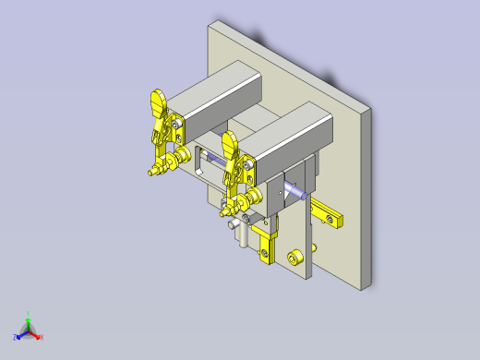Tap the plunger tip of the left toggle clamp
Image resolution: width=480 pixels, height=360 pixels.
click(x=149, y=172)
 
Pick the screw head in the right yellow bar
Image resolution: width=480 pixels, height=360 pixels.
click(x=330, y=219)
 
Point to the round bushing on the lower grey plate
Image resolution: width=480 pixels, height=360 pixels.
click(x=296, y=257)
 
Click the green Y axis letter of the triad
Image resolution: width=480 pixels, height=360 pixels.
click(x=29, y=313)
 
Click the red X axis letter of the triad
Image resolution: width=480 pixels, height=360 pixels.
click(x=42, y=337)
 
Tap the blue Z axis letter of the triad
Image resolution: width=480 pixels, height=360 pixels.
click(x=16, y=337)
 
